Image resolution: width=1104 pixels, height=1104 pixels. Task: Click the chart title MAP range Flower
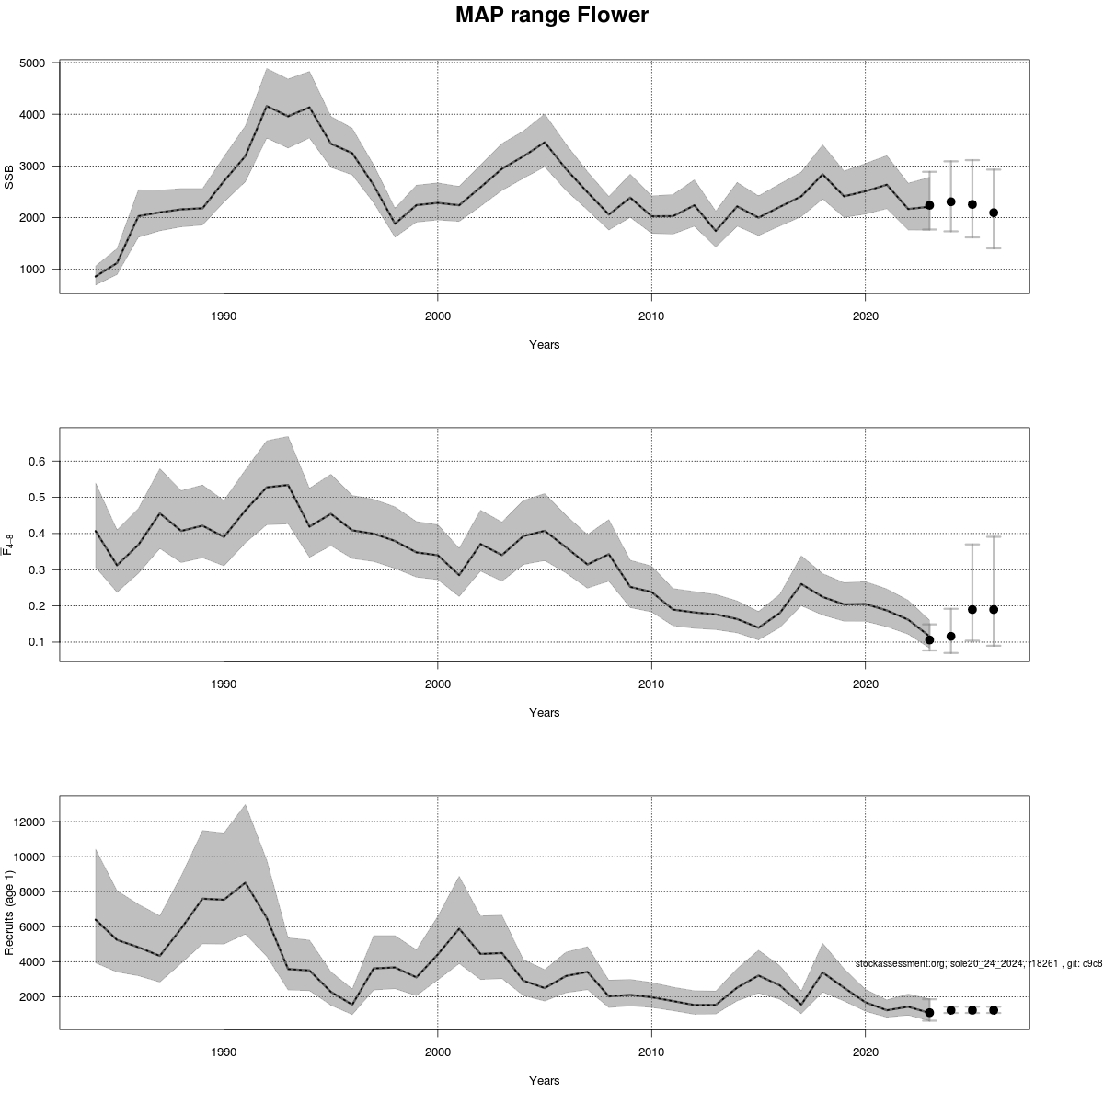551,16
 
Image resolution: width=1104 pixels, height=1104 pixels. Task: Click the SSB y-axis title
10,177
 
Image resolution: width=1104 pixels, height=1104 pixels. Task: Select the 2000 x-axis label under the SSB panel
437,316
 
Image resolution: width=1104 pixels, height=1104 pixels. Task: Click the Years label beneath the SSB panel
544,345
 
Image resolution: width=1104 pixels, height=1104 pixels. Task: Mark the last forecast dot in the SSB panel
994,213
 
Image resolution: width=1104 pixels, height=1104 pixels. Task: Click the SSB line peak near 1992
267,106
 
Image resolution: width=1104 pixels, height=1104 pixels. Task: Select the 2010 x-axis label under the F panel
651,684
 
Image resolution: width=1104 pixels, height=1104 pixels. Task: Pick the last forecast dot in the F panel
994,609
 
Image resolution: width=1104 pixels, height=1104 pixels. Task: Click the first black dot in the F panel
929,639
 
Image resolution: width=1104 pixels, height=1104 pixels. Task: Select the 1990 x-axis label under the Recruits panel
224,1052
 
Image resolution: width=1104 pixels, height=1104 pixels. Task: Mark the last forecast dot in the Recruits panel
994,1010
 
